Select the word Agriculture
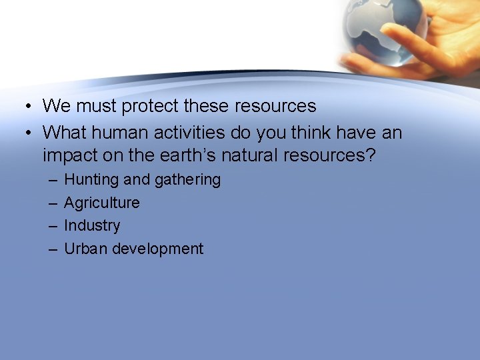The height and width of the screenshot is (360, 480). coord(101,203)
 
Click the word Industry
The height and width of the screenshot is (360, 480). coord(92,225)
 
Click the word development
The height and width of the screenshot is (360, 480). coord(158,249)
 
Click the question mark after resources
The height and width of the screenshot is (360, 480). coord(371,155)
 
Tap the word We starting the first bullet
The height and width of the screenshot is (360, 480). coord(55,106)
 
